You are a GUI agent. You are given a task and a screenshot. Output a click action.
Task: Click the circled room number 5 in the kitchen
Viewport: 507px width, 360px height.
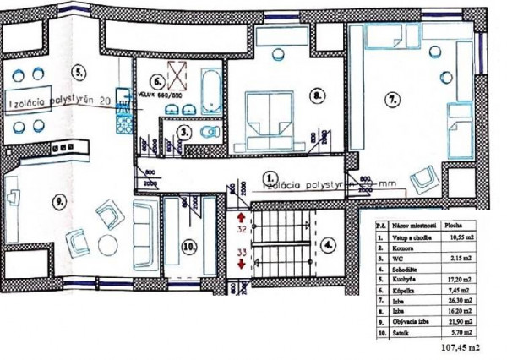coord(79,70)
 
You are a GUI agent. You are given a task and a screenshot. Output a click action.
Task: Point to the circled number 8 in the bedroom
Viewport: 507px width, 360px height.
coord(316,95)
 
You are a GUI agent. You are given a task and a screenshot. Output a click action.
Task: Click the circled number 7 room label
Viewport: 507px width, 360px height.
coord(392,100)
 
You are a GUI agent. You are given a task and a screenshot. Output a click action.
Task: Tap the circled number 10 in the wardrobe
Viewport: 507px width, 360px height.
coord(188,248)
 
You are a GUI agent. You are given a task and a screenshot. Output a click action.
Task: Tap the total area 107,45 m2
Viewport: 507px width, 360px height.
coord(461,346)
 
